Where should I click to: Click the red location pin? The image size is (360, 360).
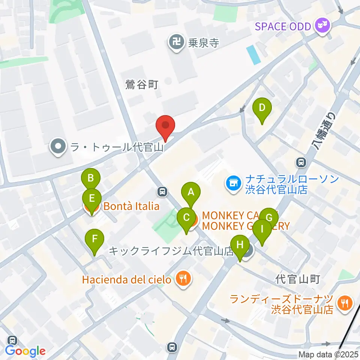pyautogui.click(x=166, y=127)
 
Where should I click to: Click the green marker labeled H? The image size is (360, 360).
pyautogui.click(x=240, y=246)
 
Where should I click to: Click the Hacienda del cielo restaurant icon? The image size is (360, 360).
pyautogui.click(x=183, y=279)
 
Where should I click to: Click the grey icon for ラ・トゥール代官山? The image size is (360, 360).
pyautogui.click(x=57, y=146)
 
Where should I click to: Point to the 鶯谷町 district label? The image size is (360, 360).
pyautogui.click(x=142, y=85)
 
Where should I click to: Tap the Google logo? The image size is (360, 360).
pyautogui.click(x=25, y=351)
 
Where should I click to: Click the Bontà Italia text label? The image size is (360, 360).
pyautogui.click(x=131, y=206)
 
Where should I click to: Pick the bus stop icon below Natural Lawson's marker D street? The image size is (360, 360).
pyautogui.click(x=301, y=162)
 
